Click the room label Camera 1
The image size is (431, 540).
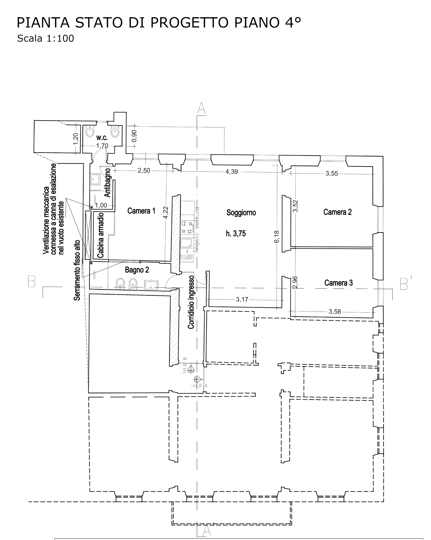pyautogui.click(x=141, y=211)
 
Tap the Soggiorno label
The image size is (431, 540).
pyautogui.click(x=241, y=213)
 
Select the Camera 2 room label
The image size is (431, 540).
pyautogui.click(x=337, y=212)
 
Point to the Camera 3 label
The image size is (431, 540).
pyautogui.click(x=338, y=283)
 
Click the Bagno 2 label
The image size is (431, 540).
pyautogui.click(x=137, y=270)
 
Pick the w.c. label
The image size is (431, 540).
pyautogui.click(x=102, y=138)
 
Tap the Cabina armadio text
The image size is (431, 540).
pyautogui.click(x=101, y=235)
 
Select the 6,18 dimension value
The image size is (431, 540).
pyautogui.click(x=277, y=237)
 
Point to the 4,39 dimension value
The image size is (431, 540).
pyautogui.click(x=232, y=172)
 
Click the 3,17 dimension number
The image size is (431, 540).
pyautogui.click(x=242, y=299)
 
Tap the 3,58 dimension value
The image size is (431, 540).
pyautogui.click(x=335, y=311)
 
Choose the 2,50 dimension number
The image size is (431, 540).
pyautogui.click(x=144, y=171)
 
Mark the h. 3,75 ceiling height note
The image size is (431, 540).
pyautogui.click(x=236, y=234)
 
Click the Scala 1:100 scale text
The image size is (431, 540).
pyautogui.click(x=45, y=38)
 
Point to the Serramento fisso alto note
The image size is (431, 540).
pyautogui.click(x=77, y=270)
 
